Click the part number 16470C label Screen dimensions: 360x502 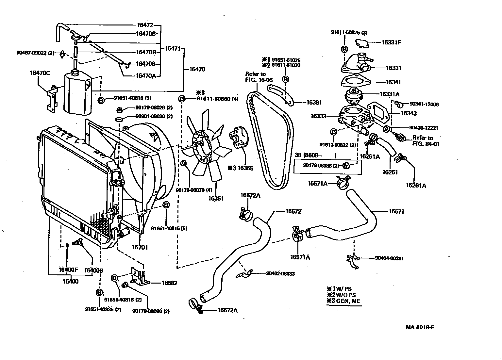40,73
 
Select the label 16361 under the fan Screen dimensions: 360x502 216,198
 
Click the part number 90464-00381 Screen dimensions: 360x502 389,258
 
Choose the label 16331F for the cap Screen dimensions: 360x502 392,42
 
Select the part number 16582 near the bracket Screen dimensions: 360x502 169,283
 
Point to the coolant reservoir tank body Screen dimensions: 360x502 77,95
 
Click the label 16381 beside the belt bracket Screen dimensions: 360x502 314,102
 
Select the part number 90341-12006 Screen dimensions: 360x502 424,104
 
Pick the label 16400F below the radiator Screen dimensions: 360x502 68,270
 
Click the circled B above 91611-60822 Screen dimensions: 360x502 334,132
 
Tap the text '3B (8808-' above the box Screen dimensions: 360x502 309,155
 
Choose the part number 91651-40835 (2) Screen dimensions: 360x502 103,309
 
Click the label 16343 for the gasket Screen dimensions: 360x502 409,113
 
